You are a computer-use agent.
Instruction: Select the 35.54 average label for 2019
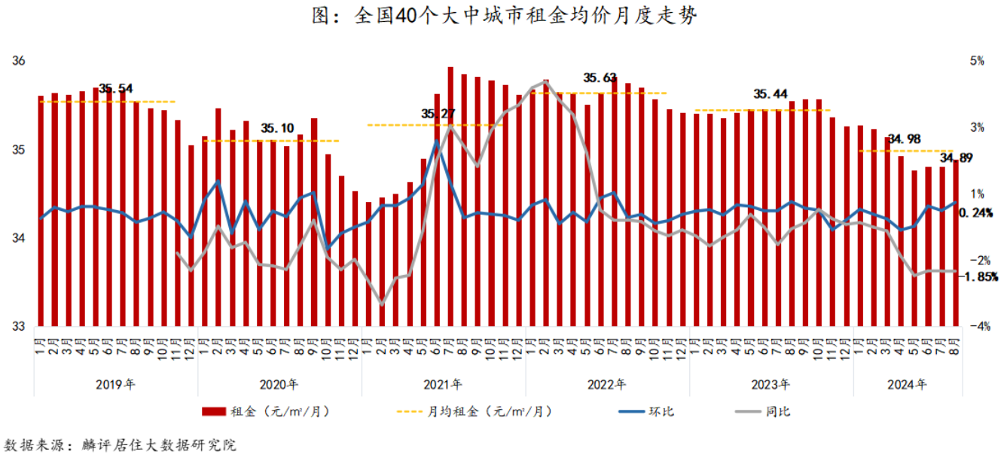click(x=117, y=89)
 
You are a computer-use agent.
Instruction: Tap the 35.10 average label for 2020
click(x=278, y=128)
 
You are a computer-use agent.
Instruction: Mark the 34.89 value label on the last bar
click(x=956, y=158)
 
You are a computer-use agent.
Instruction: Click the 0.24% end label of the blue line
click(x=976, y=213)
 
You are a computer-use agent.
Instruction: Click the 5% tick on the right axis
click(x=978, y=61)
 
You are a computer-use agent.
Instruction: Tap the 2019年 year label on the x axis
click(x=116, y=385)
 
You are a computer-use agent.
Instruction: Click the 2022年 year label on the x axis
click(x=607, y=385)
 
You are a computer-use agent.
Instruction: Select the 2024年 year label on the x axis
click(x=907, y=385)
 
